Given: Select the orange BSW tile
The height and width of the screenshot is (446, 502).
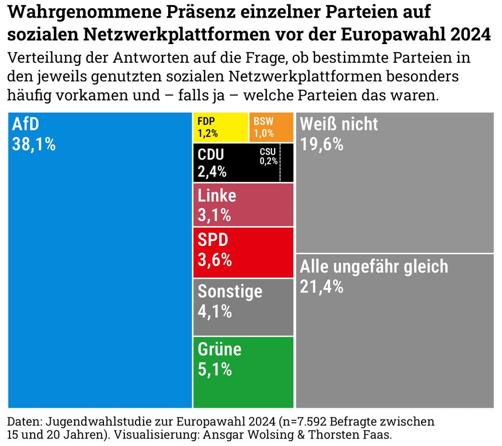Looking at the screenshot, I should [271, 127].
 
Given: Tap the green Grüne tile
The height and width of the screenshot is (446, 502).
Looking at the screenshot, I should [243, 372].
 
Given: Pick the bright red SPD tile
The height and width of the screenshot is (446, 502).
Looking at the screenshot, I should [243, 252].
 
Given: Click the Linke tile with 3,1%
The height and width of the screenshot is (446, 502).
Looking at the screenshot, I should [243, 205].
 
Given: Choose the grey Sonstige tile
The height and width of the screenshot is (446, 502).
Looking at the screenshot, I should [243, 307].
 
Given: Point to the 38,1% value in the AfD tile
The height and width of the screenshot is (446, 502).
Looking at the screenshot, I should [33, 144].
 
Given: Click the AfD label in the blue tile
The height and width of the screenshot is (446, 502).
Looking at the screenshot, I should [25, 123].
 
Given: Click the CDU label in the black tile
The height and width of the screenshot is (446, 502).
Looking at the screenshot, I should [211, 155].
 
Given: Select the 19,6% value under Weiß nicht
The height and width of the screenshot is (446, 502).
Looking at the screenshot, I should [322, 144].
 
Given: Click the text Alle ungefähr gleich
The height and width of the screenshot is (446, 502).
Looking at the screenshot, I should [373, 266].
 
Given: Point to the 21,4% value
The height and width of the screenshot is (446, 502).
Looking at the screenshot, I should [322, 287].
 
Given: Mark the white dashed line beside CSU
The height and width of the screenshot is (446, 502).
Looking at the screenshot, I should [280, 163].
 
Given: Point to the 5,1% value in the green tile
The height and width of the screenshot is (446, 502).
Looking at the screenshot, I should [215, 370].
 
